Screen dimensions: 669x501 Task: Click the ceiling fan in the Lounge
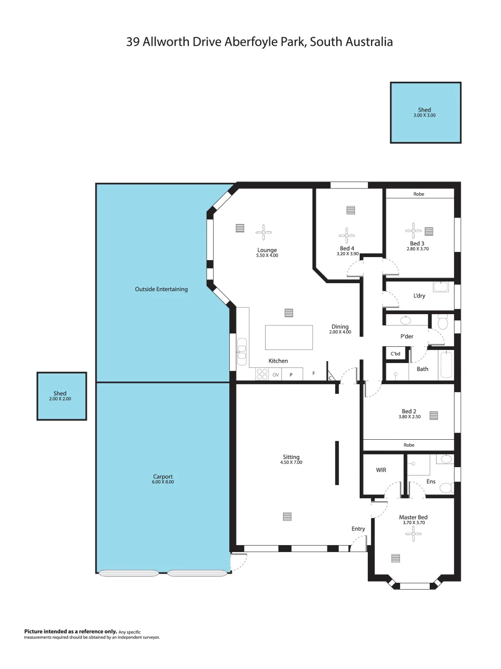[264, 232]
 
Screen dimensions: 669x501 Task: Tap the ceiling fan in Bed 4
[346, 235]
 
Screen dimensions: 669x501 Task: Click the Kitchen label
[278, 361]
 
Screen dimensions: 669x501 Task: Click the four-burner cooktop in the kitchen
[262, 374]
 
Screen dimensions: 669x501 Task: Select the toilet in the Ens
[446, 488]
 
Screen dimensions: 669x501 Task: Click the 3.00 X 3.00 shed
[425, 113]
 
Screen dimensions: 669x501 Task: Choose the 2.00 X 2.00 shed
[61, 396]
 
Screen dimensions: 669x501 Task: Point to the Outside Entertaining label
[161, 289]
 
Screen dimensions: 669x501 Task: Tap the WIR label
[381, 471]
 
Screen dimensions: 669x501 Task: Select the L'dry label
[419, 296]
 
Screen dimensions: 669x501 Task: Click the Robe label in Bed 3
[419, 194]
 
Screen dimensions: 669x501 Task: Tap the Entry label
[358, 529]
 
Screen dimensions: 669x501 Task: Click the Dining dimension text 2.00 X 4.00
[340, 333]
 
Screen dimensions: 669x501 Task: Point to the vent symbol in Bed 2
[433, 416]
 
